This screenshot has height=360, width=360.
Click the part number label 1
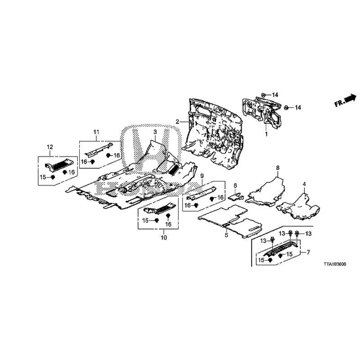point(266,134)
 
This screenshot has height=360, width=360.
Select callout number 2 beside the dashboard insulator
point(177,121)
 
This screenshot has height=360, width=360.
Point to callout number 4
point(304,184)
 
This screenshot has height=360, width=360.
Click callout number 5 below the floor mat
point(226,235)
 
